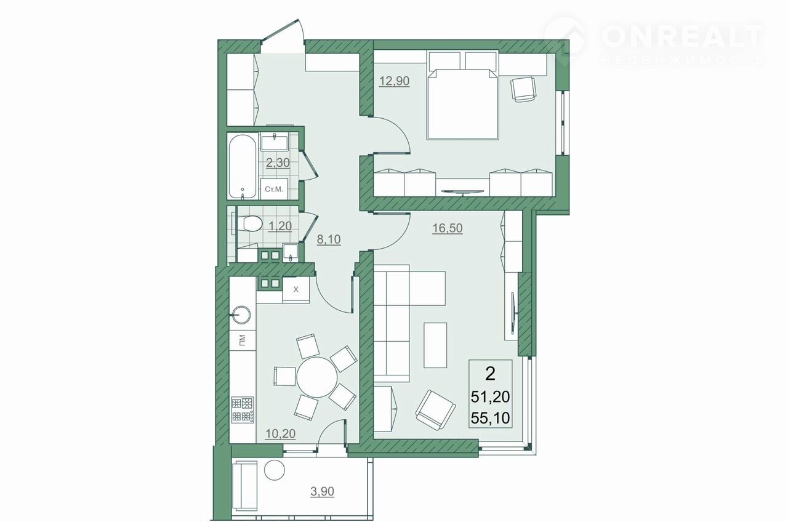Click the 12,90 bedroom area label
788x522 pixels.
click(x=395, y=81)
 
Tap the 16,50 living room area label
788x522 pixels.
click(x=447, y=228)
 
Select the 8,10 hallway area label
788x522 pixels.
click(x=329, y=239)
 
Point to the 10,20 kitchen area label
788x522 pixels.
click(x=280, y=434)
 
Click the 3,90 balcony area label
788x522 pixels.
click(x=322, y=491)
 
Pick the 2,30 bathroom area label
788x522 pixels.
click(x=278, y=163)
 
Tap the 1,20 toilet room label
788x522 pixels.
click(x=280, y=226)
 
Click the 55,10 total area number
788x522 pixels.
click(x=491, y=418)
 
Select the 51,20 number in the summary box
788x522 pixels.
click(x=491, y=397)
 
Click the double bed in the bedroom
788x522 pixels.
click(x=462, y=103)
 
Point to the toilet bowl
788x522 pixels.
click(x=249, y=223)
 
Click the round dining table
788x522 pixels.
click(x=317, y=377)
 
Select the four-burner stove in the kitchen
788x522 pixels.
click(x=243, y=409)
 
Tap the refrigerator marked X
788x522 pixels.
click(x=296, y=289)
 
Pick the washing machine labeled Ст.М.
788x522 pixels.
click(x=274, y=189)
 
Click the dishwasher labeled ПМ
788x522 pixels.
click(x=243, y=340)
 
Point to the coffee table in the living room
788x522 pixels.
click(x=435, y=345)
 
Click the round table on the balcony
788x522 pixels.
click(x=275, y=470)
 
